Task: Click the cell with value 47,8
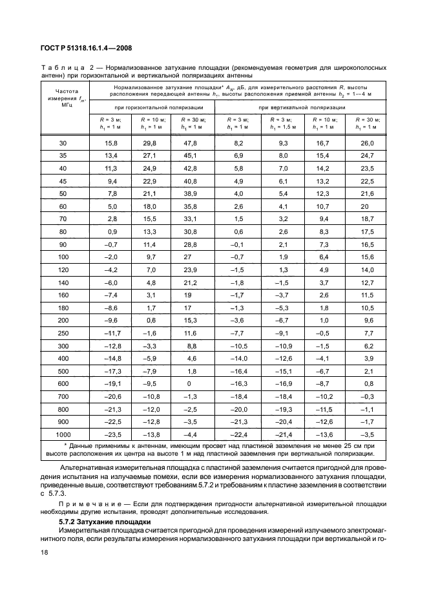(x=189, y=142)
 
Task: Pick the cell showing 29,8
(x=151, y=142)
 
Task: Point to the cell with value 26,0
(x=366, y=142)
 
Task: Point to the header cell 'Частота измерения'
(x=63, y=95)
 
